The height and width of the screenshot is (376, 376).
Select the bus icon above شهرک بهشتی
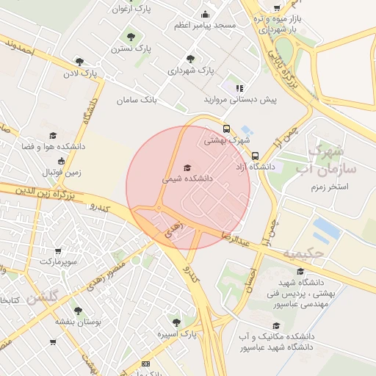[x=227, y=128]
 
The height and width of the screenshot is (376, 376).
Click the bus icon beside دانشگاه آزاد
[x=255, y=156]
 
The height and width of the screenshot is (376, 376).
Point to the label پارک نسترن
[x=131, y=48]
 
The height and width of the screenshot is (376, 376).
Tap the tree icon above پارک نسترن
[x=131, y=36]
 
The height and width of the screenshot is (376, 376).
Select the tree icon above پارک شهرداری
[x=190, y=59]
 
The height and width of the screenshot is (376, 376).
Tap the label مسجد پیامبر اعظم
[x=205, y=25]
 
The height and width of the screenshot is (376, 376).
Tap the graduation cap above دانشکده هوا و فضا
[x=52, y=136]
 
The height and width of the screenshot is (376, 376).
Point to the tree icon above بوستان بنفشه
[x=79, y=311]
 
